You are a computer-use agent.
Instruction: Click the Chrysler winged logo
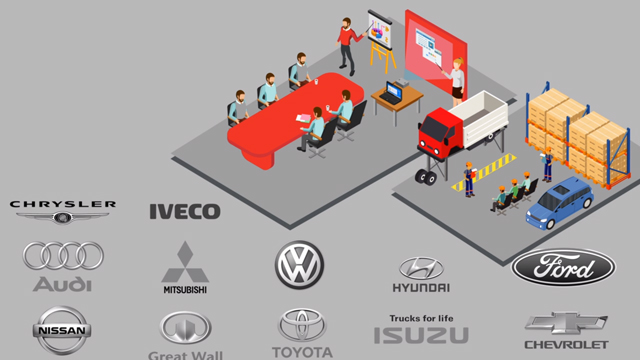point(62,210)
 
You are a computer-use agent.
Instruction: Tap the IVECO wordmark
point(184,211)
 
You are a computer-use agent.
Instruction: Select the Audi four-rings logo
point(63,256)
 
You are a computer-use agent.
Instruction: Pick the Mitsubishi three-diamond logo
point(184,262)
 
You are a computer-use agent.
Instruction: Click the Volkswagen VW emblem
point(299,265)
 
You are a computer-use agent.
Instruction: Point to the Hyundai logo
point(420,269)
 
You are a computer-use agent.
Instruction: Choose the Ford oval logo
point(563,268)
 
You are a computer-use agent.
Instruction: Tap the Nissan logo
point(62,330)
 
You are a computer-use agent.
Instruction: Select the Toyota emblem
point(301,326)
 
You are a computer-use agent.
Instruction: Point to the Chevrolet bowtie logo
point(566,324)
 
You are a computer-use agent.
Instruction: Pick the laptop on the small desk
point(392,91)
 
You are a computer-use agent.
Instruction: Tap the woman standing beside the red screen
point(458,80)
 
